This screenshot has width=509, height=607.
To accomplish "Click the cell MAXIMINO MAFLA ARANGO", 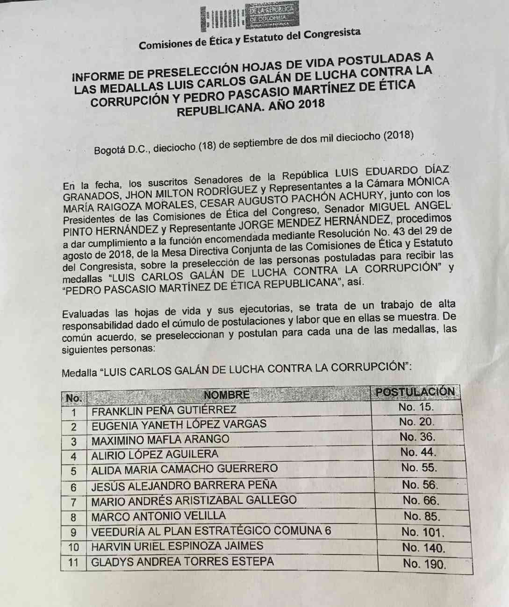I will [x=160, y=440].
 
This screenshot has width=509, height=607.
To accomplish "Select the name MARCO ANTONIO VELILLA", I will [x=158, y=516].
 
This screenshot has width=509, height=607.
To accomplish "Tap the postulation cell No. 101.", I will [x=423, y=532].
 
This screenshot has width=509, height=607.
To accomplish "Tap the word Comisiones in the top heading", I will [x=165, y=44].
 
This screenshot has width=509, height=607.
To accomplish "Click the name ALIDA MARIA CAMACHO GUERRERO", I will [x=184, y=469].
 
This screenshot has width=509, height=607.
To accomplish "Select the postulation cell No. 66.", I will [x=421, y=501].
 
